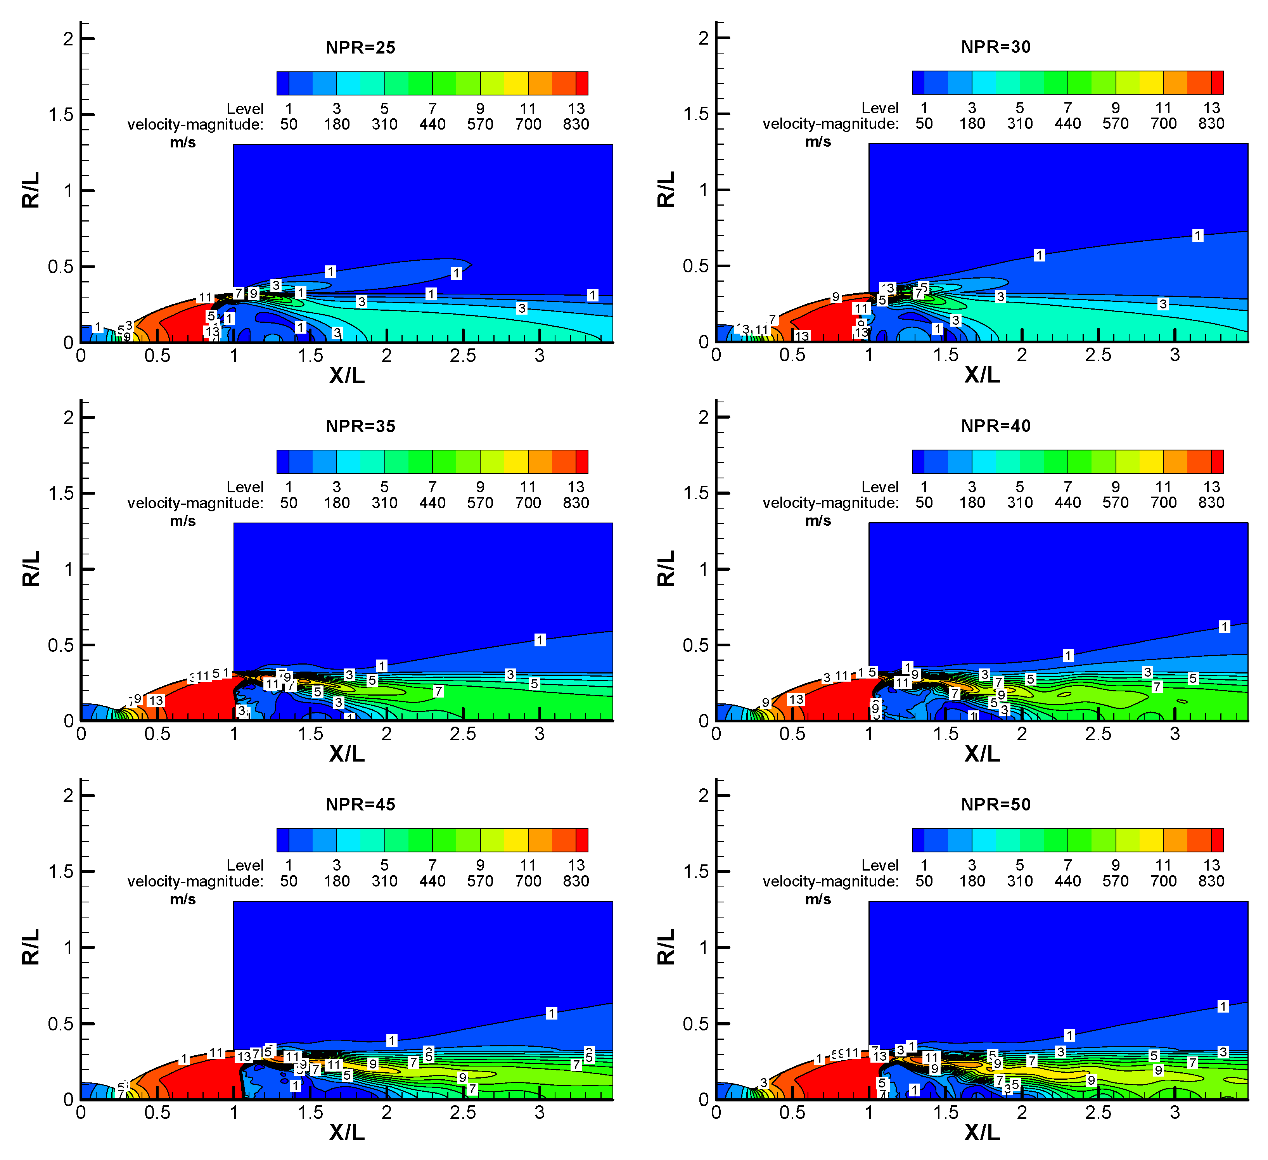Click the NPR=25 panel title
click(360, 48)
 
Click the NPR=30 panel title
click(996, 47)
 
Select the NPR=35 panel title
click(360, 426)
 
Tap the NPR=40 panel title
click(996, 426)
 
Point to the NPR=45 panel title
click(360, 805)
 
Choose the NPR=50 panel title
click(996, 805)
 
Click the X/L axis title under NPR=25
click(346, 376)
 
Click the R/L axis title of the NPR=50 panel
click(666, 947)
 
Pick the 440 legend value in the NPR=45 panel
click(432, 881)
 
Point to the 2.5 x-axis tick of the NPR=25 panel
click(463, 356)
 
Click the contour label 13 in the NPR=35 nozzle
click(156, 700)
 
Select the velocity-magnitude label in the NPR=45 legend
click(195, 881)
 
